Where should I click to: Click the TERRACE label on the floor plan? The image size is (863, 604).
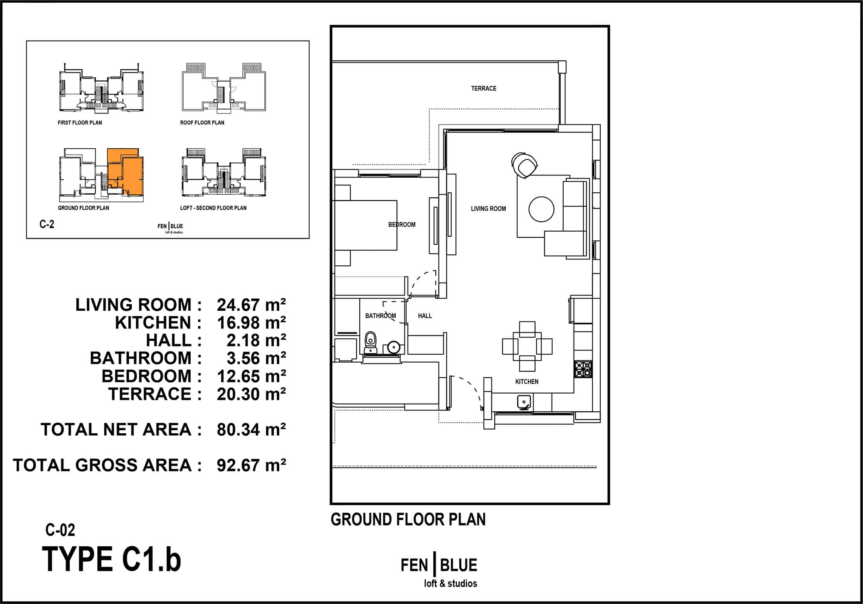click(484, 88)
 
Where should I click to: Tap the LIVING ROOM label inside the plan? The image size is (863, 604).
click(488, 209)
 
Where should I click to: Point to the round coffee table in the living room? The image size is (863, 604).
click(541, 209)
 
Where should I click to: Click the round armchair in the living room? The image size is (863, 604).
click(524, 166)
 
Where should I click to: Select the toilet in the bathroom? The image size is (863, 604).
click(370, 343)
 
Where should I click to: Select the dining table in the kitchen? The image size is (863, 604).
click(527, 347)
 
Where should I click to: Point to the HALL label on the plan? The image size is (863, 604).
click(425, 316)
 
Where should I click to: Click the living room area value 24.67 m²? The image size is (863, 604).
click(251, 305)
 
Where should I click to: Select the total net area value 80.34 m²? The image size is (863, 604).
click(251, 429)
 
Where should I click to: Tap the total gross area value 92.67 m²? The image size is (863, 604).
click(251, 465)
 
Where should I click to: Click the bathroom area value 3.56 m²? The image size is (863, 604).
click(256, 358)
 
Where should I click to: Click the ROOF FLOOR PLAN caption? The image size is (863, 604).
click(202, 122)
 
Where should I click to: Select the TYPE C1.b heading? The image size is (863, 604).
click(111, 559)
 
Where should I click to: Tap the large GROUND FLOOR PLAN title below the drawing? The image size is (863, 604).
click(408, 519)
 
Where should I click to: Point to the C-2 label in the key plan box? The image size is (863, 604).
click(47, 224)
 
